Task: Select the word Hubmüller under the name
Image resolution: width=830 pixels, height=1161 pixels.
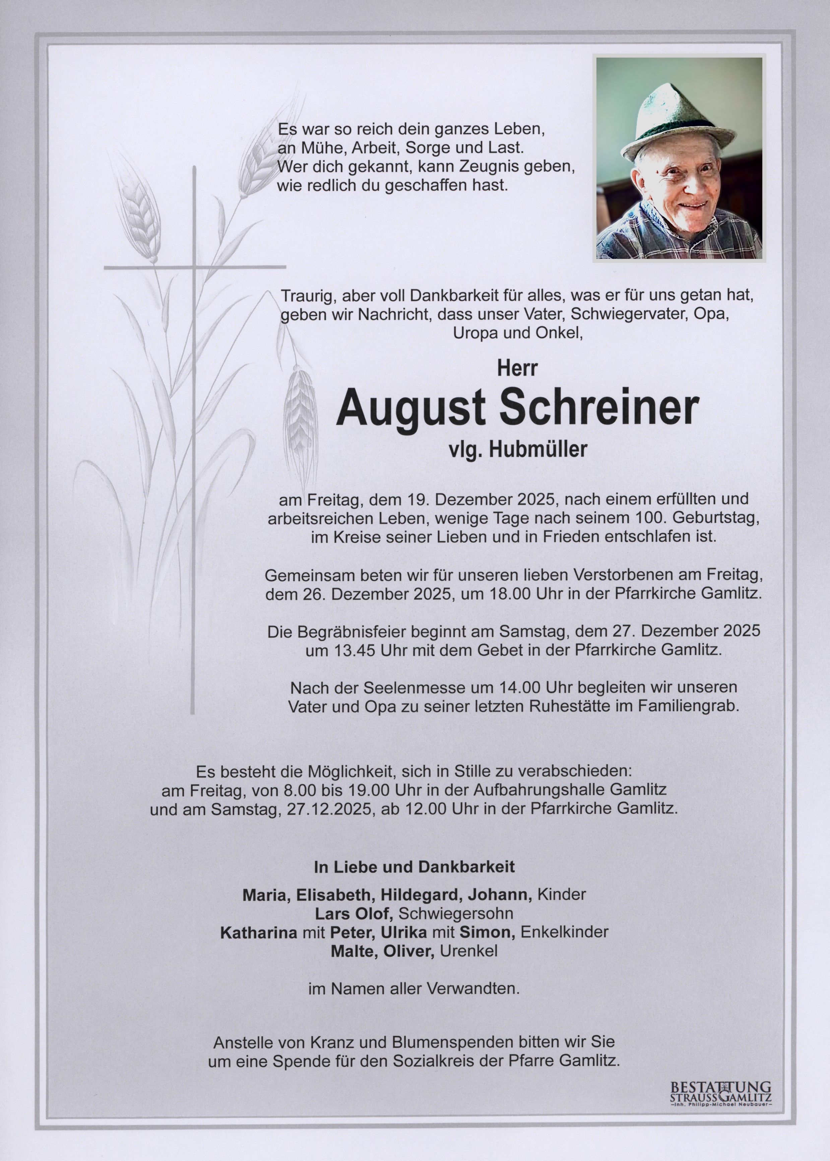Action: point(538,449)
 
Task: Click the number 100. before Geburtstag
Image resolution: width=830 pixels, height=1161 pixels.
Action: point(651,518)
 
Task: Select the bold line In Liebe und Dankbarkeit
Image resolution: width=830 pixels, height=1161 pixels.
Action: point(414,867)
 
